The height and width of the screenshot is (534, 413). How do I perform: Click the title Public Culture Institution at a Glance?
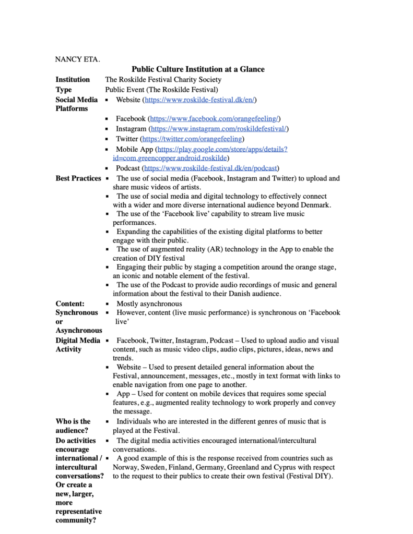[198, 69]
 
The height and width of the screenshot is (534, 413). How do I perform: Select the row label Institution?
[73, 80]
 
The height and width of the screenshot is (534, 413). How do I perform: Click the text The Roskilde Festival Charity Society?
[163, 80]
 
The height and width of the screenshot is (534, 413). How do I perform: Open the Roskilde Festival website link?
[200, 100]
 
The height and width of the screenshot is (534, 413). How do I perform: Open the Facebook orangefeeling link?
[215, 119]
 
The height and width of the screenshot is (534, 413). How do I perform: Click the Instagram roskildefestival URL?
[219, 129]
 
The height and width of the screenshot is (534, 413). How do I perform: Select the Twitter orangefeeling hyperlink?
[193, 139]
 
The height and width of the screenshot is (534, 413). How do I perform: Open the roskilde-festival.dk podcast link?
[211, 168]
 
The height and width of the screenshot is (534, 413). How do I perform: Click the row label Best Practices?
[78, 178]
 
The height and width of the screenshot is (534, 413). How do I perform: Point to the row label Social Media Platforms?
[76, 104]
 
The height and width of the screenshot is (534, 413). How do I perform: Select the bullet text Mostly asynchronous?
[149, 304]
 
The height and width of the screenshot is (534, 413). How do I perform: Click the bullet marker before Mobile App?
[107, 149]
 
